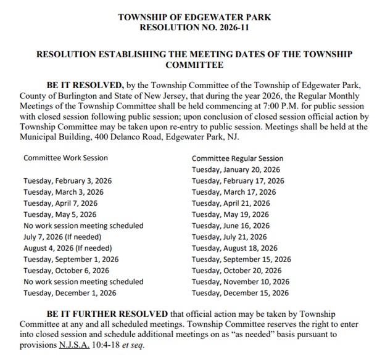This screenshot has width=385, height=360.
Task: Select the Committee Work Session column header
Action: pyautogui.click(x=65, y=158)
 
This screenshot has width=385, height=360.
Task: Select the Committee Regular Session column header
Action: pyautogui.click(x=238, y=158)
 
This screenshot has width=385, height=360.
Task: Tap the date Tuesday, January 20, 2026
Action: pyautogui.click(x=236, y=170)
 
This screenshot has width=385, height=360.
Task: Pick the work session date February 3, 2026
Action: pyautogui.click(x=67, y=181)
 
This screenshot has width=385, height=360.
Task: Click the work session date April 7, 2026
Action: pyautogui.click(x=60, y=203)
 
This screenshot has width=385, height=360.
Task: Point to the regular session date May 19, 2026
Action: pyautogui.click(x=231, y=215)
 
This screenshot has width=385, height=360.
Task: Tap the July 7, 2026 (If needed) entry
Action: pyautogui.click(x=62, y=237)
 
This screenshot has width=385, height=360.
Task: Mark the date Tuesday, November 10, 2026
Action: pyautogui.click(x=241, y=282)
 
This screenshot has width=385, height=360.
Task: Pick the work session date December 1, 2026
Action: pyautogui.click(x=70, y=293)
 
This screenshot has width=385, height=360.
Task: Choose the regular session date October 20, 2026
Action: pyautogui.click(x=237, y=271)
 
